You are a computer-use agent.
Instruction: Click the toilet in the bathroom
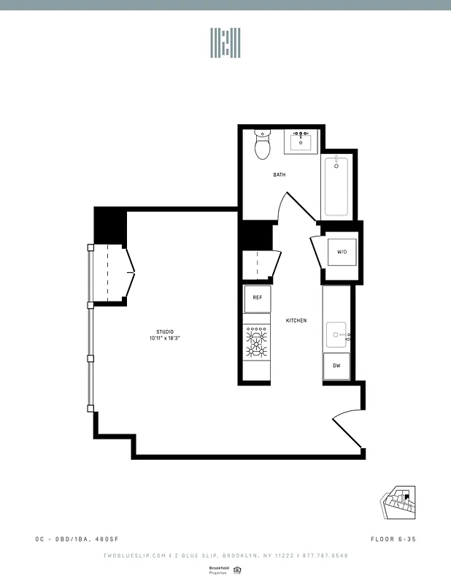click(x=263, y=145)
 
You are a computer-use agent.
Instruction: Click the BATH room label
click(x=280, y=175)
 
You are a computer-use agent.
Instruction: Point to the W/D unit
click(x=342, y=253)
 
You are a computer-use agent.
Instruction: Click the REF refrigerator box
click(x=258, y=298)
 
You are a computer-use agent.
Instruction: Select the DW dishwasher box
click(x=336, y=365)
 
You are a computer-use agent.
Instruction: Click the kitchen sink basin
click(x=336, y=335)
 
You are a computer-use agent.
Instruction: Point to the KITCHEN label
click(x=296, y=321)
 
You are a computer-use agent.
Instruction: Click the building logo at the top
click(x=225, y=44)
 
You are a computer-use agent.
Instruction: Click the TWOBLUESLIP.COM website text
click(x=134, y=556)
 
